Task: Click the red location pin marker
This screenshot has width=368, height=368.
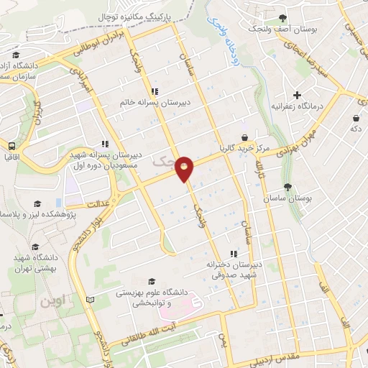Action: (185, 168)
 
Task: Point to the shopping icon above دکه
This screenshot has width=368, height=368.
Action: (356, 117)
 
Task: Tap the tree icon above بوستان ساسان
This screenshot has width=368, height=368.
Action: (287, 187)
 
